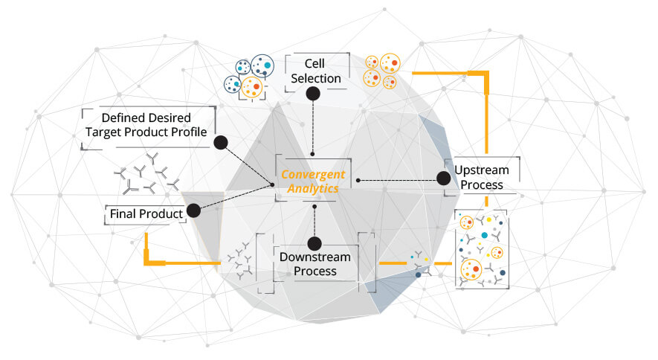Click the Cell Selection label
(x=316, y=71)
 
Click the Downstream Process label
(x=315, y=264)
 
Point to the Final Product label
(x=146, y=214)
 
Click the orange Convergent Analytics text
(x=313, y=181)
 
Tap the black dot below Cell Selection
(x=313, y=93)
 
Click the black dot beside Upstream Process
(x=443, y=178)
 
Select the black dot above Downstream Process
(x=315, y=242)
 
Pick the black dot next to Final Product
(x=194, y=210)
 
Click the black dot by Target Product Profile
(x=220, y=142)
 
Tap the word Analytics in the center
(x=314, y=189)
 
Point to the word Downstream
(x=315, y=257)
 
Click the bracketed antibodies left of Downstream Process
(x=241, y=260)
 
